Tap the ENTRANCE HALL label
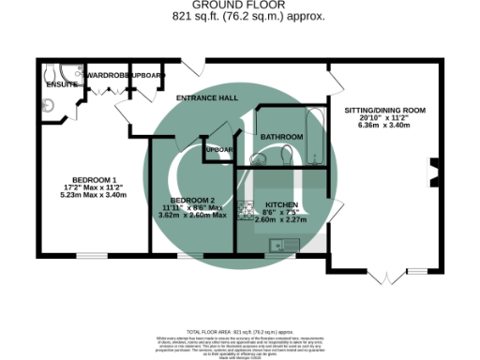click(x=205, y=97)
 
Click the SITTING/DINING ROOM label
click(x=385, y=111)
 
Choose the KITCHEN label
click(x=281, y=204)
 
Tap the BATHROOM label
click(x=282, y=137)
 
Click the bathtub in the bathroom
click(x=315, y=137)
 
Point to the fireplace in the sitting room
click(x=432, y=172)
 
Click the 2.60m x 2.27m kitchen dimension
click(x=281, y=220)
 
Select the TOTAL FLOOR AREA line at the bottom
click(x=239, y=332)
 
